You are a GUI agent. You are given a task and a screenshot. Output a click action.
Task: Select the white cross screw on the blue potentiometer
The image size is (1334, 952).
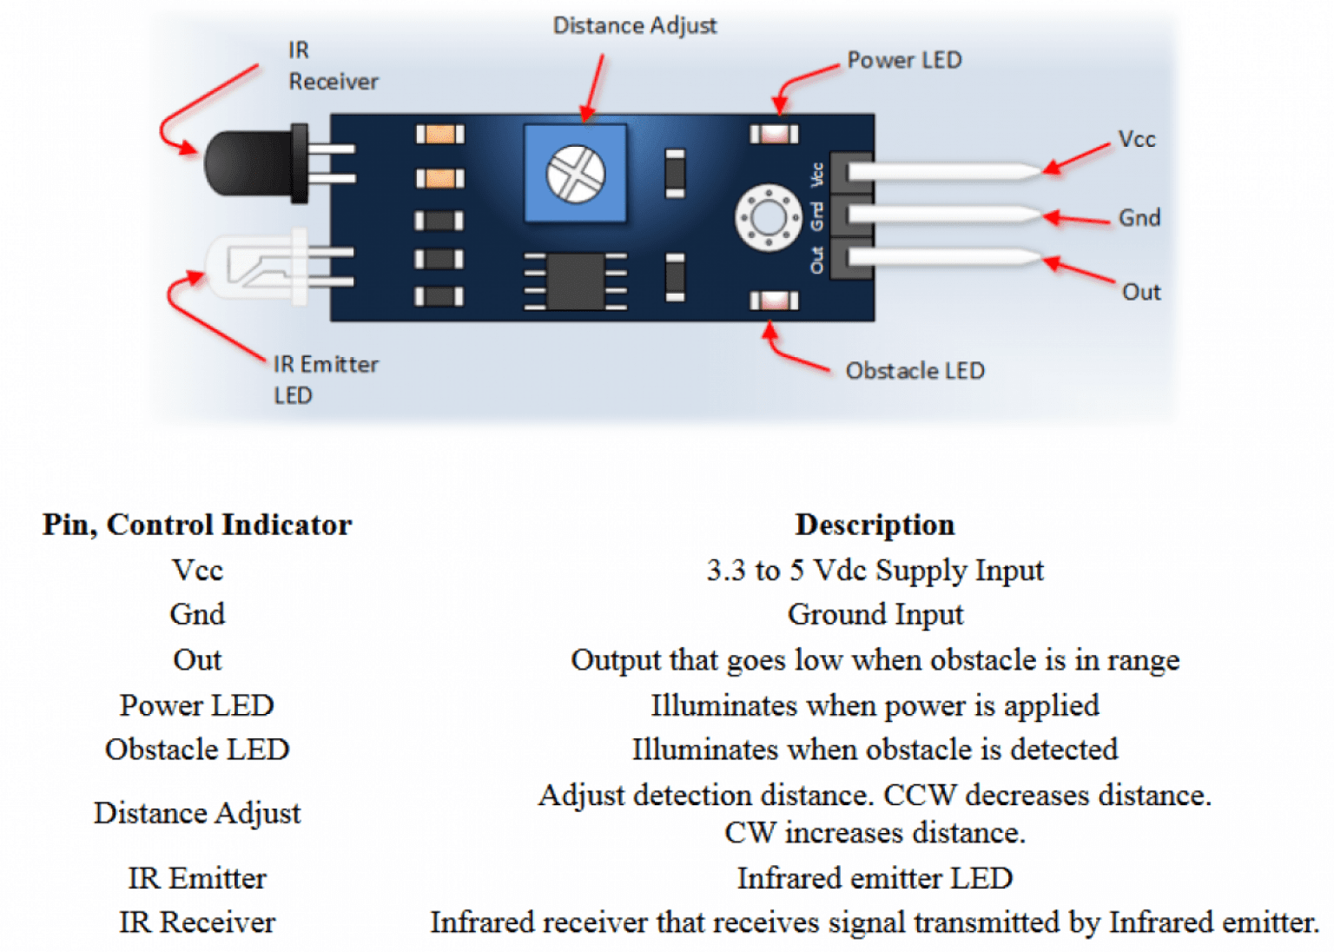[x=575, y=174]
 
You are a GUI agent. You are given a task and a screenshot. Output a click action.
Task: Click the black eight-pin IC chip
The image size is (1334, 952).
[x=574, y=281]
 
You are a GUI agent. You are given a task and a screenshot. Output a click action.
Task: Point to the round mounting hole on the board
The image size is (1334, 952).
[x=768, y=217]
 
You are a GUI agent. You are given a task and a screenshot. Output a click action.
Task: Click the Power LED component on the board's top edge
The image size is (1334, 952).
[x=774, y=134]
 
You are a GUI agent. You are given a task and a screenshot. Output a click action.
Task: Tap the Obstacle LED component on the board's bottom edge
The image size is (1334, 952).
[x=774, y=301]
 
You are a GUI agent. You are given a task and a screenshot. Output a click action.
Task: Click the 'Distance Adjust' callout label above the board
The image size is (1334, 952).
[x=635, y=26]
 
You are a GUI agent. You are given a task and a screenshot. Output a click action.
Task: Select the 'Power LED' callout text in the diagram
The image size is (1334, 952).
[x=904, y=60]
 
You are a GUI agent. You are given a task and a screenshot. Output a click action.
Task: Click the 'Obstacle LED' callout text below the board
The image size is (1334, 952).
[x=915, y=371]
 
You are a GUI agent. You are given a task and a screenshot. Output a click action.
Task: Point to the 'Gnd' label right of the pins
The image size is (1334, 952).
[x=1139, y=217]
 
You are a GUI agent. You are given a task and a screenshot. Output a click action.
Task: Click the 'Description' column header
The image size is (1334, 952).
[x=875, y=525]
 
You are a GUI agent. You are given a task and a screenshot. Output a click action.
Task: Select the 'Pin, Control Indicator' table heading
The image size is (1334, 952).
[x=197, y=525]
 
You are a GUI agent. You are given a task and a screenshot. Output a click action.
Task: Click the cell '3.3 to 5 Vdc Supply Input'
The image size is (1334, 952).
[x=875, y=571]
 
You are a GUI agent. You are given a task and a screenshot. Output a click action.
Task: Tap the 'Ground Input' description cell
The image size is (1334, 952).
[x=875, y=615]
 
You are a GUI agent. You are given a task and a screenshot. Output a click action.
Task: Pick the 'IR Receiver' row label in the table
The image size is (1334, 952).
[x=197, y=922]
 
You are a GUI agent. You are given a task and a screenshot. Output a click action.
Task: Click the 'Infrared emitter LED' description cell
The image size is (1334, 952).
[x=875, y=878]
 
